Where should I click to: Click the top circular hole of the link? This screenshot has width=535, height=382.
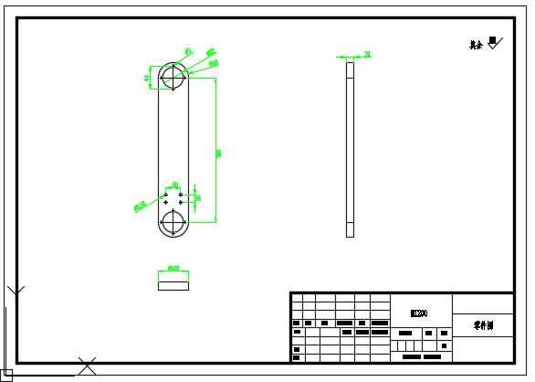173,79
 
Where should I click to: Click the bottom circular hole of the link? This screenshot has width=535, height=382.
173,221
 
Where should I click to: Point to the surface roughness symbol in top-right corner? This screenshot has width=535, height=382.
494,42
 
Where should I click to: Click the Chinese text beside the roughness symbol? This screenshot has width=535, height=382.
476,44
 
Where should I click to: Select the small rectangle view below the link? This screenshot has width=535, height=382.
173,285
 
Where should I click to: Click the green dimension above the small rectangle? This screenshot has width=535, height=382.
173,270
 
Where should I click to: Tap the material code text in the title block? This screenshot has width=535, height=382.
419,313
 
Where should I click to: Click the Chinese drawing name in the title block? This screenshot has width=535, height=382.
482,324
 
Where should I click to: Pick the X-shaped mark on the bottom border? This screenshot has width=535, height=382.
87,366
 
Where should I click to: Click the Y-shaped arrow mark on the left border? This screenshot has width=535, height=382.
16,291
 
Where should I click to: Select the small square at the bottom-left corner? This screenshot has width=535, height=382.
6,375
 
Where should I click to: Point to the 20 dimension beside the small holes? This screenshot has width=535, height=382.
199,197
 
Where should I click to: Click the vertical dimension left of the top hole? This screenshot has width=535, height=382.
148,79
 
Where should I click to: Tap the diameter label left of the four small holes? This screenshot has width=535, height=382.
141,207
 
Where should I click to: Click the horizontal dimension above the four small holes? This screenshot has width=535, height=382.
174,186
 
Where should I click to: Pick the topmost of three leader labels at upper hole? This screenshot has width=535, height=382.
188,51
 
